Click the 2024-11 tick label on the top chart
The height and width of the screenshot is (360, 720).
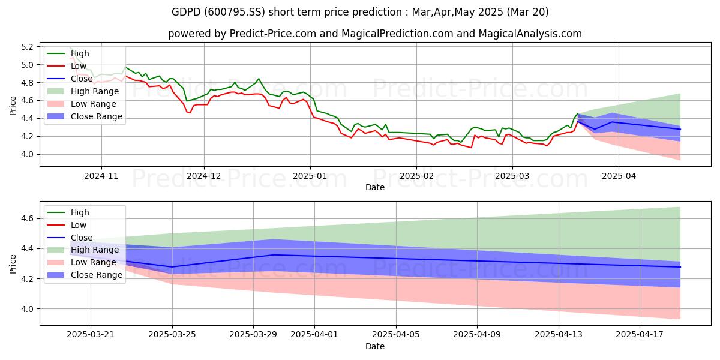[101, 176]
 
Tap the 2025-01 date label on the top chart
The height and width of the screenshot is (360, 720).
[310, 176]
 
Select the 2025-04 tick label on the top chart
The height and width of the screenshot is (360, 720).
[619, 176]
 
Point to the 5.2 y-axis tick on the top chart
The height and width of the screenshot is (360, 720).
[27, 47]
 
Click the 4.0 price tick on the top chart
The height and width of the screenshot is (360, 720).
[27, 155]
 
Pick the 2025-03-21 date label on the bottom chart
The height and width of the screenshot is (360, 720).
[91, 335]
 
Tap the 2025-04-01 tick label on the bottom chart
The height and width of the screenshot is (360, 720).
[314, 335]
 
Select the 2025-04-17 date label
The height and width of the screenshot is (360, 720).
[640, 335]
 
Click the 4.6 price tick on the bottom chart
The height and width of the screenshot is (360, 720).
[27, 219]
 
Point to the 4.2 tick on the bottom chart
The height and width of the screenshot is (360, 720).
[27, 279]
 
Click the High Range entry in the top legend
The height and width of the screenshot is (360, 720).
[83, 91]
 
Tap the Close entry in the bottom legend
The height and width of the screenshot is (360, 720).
[70, 238]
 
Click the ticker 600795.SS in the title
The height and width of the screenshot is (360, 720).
[235, 12]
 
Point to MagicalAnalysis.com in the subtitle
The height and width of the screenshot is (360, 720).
[530, 34]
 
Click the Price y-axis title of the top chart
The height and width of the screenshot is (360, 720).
[13, 106]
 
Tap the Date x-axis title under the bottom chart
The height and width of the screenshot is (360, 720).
[375, 346]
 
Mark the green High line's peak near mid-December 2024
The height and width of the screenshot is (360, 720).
[259, 79]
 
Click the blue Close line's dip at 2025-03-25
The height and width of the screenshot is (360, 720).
[172, 267]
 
